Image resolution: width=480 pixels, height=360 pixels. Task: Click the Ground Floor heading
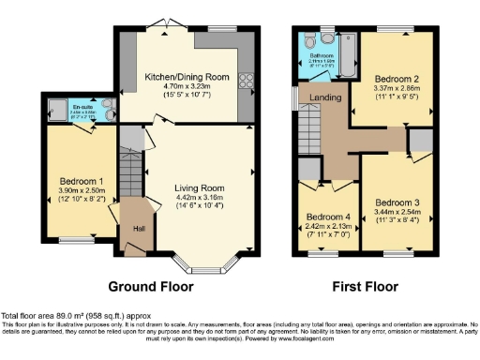[x=152, y=286]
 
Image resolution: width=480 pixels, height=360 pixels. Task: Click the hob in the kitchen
[x=247, y=79]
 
